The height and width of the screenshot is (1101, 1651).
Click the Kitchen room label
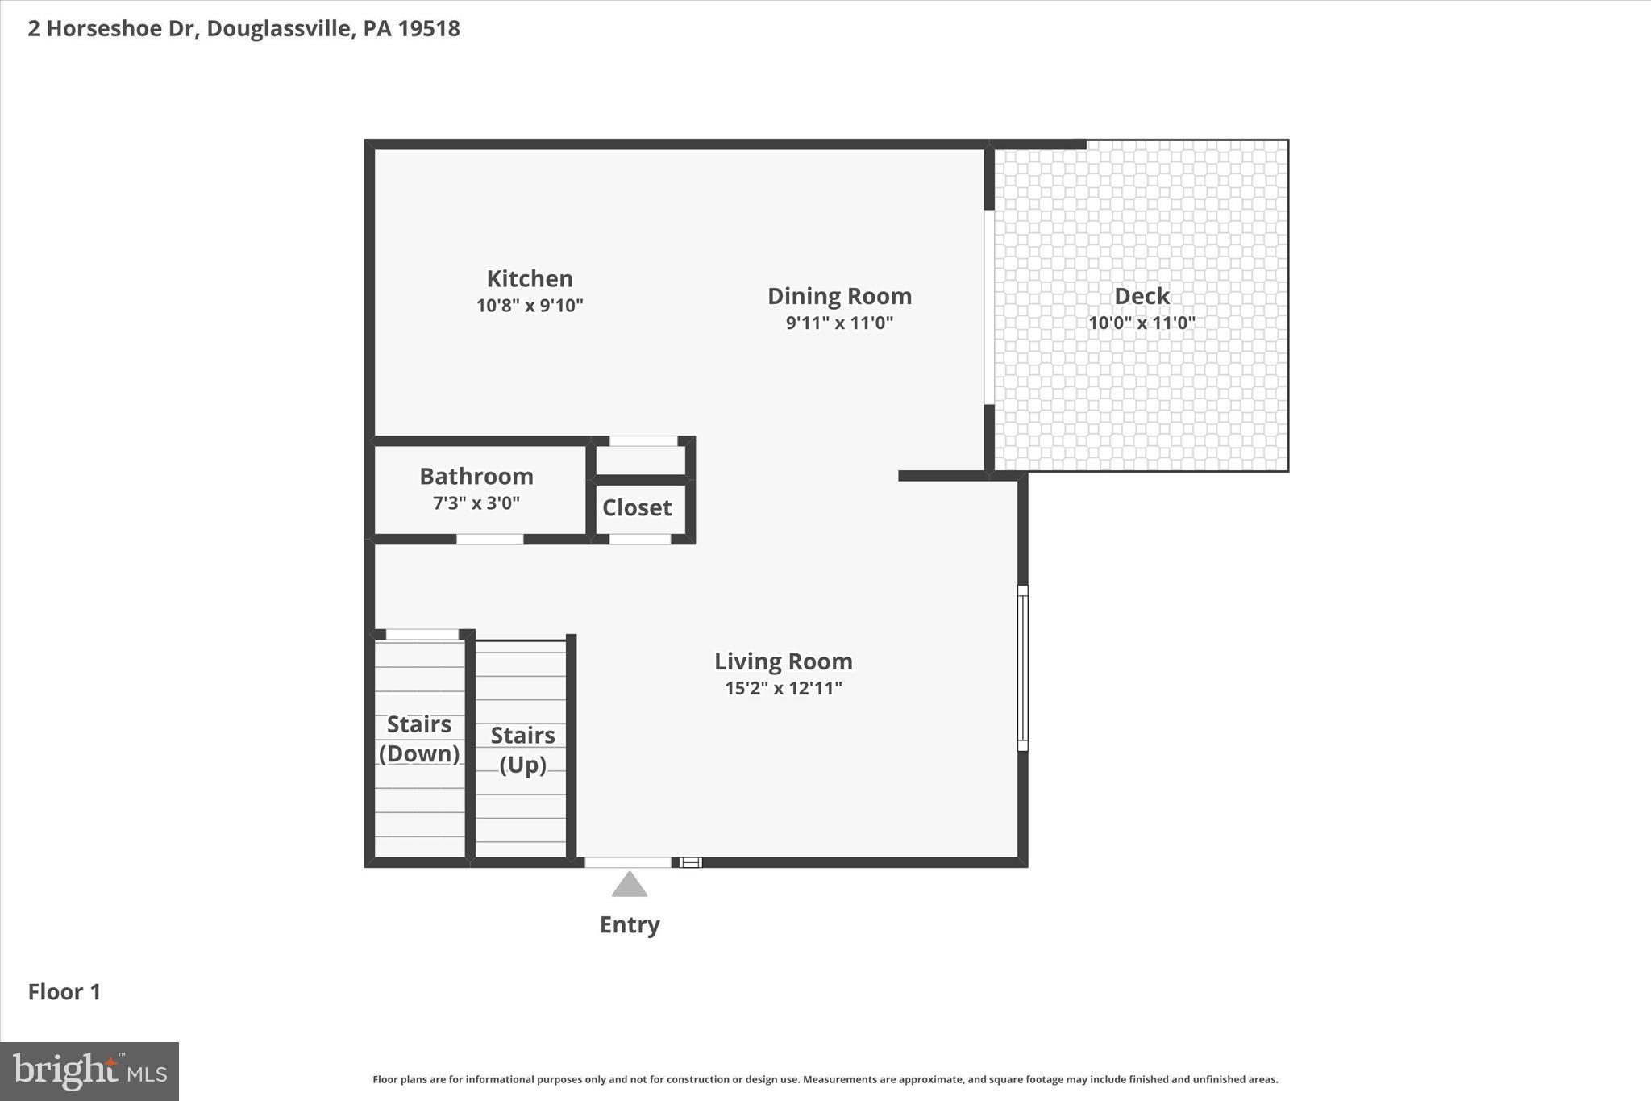tap(530, 279)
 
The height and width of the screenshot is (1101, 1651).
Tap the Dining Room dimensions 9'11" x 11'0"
tap(839, 323)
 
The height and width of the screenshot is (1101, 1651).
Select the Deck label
tap(1142, 296)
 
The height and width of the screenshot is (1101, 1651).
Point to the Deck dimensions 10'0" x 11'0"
tap(1142, 323)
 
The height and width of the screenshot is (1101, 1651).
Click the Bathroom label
tap(476, 476)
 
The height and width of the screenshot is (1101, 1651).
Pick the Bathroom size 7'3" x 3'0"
tap(476, 503)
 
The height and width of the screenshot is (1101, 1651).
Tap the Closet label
tap(637, 507)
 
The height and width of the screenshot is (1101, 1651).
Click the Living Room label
tap(783, 661)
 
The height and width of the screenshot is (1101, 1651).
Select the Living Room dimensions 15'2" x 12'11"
tap(783, 688)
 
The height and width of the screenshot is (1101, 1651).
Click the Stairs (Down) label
tap(419, 738)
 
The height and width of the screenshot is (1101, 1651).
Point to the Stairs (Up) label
tap(522, 749)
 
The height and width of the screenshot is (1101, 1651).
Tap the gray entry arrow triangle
tap(630, 885)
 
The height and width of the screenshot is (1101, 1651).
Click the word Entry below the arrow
tap(630, 924)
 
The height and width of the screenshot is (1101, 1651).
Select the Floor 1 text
tap(64, 992)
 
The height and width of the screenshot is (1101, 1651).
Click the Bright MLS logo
tap(89, 1071)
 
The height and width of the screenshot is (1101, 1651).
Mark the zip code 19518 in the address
tap(429, 28)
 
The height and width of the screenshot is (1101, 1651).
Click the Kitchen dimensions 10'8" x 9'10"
tap(530, 306)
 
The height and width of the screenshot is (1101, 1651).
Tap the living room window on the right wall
tap(1022, 668)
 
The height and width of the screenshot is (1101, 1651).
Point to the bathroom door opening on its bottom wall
tap(490, 539)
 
